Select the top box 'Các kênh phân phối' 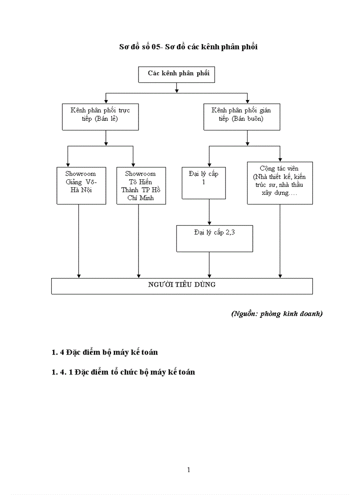coord(176,74)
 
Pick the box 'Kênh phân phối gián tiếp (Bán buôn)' coord(241,117)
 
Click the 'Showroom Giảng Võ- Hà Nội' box coord(81,185)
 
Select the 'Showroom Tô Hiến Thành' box coord(141,186)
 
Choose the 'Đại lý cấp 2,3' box coord(214,238)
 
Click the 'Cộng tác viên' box coord(279,182)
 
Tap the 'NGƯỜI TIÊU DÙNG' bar coord(182,286)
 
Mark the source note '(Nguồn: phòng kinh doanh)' coord(277,314)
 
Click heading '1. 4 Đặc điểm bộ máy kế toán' coord(105,352)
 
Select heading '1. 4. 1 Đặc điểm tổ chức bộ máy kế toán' coord(123,372)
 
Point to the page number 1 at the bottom coord(189,470)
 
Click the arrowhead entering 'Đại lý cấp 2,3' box coord(209,223)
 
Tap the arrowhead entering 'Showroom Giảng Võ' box coord(67,164)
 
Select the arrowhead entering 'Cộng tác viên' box coord(280,159)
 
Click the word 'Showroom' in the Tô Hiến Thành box coord(140,174)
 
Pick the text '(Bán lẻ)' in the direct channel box coord(106,119)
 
